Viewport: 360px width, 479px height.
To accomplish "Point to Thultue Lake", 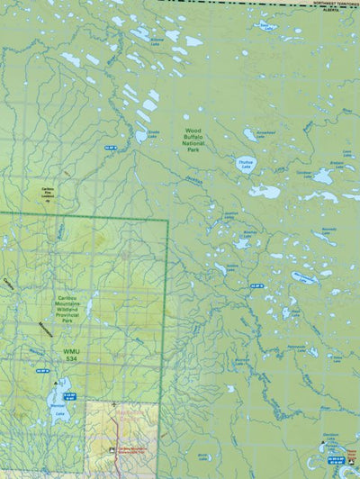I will [x=245, y=166].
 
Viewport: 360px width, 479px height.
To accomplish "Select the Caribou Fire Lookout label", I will [x=42, y=193].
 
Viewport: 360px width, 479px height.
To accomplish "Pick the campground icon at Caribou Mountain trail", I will [x=111, y=449].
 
